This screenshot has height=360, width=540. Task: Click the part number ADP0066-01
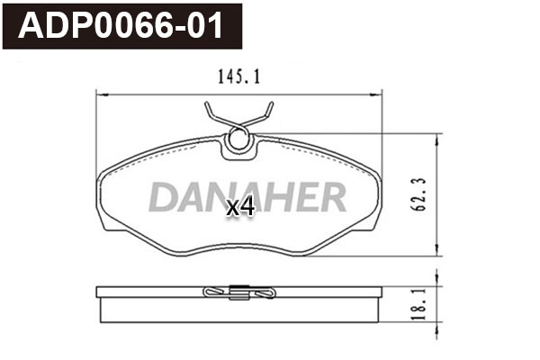[121, 25]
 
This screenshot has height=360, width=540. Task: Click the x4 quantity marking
[240, 207]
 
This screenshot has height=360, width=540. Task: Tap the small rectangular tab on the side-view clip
[240, 290]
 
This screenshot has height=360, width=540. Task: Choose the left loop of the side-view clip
[214, 293]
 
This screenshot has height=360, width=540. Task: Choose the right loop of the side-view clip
[265, 293]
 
